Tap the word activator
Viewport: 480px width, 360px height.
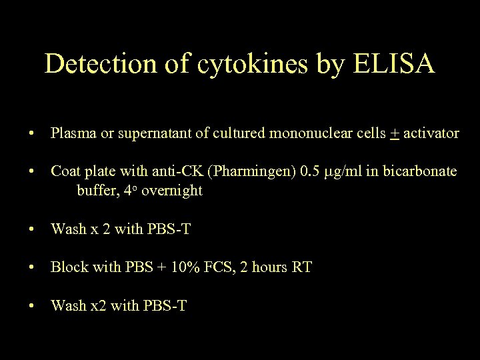coord(431,133)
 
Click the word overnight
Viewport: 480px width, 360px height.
coord(172,191)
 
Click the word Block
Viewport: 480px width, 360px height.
coord(69,267)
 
